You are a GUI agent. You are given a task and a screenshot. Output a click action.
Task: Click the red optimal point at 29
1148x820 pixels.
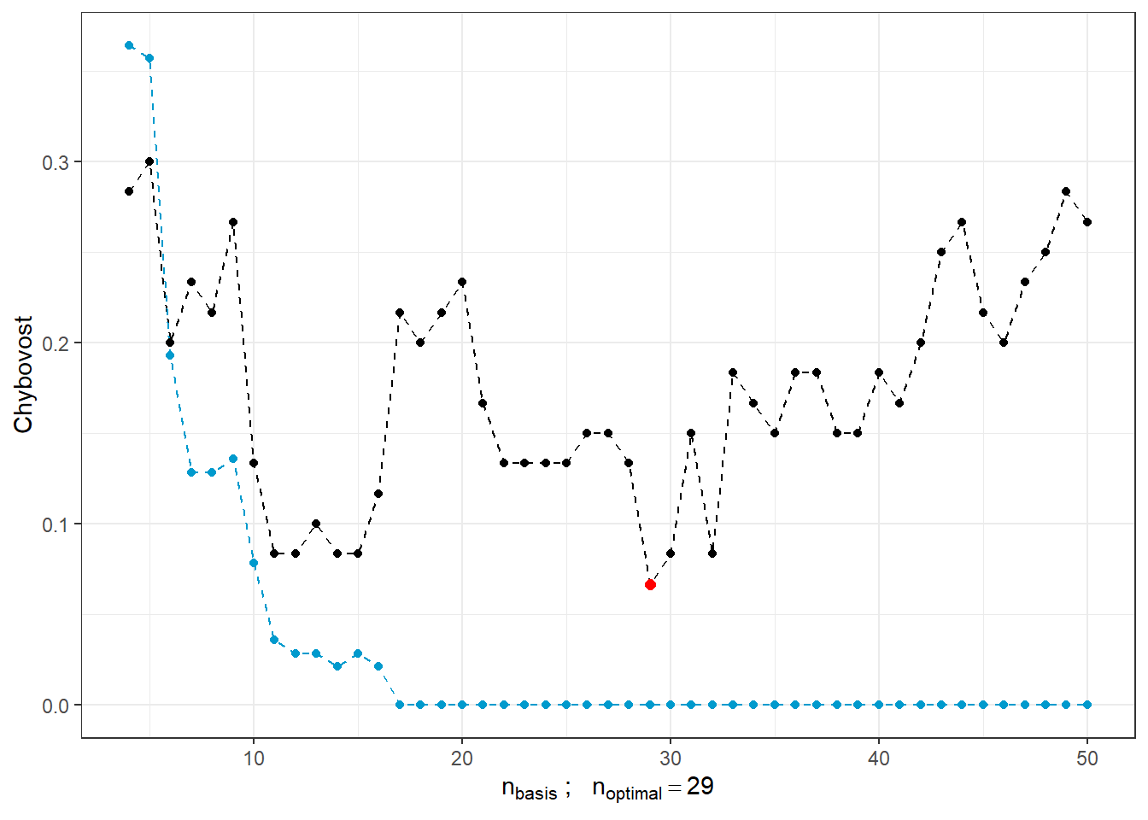(650, 584)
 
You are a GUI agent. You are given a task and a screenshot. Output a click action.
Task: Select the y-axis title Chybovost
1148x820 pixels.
(23, 374)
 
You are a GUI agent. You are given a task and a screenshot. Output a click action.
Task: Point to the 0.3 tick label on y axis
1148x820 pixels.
(56, 162)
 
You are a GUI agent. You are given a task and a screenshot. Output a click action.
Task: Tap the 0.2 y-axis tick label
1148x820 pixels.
(56, 343)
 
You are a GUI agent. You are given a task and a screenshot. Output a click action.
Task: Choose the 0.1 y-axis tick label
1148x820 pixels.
(56, 524)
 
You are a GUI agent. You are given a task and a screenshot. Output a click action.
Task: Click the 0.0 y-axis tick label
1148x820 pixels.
(56, 706)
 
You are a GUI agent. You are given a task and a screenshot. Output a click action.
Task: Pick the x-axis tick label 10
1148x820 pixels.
(254, 758)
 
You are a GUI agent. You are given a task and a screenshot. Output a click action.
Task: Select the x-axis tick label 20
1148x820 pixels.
(462, 758)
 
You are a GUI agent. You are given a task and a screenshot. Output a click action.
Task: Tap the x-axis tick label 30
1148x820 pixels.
(671, 758)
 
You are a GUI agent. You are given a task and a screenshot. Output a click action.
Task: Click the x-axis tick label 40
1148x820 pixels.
(879, 758)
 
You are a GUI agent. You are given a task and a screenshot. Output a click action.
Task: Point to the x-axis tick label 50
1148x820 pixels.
(1087, 758)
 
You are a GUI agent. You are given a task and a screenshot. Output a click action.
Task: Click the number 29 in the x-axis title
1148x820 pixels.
(700, 787)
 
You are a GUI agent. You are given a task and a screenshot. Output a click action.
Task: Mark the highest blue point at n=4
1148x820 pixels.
(129, 45)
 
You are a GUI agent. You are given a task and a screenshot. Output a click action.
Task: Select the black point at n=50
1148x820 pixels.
(1087, 222)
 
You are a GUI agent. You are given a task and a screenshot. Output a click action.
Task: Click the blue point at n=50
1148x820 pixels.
(1087, 705)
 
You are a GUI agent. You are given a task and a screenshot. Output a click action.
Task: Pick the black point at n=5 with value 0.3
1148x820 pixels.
(149, 161)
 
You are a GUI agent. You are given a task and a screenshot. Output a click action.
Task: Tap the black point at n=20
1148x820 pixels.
(462, 282)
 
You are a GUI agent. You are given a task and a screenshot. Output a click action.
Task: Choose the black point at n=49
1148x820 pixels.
(1066, 191)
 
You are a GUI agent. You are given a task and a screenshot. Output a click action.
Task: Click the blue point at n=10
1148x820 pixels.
(254, 564)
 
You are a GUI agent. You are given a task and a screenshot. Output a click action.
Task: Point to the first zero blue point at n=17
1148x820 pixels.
(400, 705)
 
